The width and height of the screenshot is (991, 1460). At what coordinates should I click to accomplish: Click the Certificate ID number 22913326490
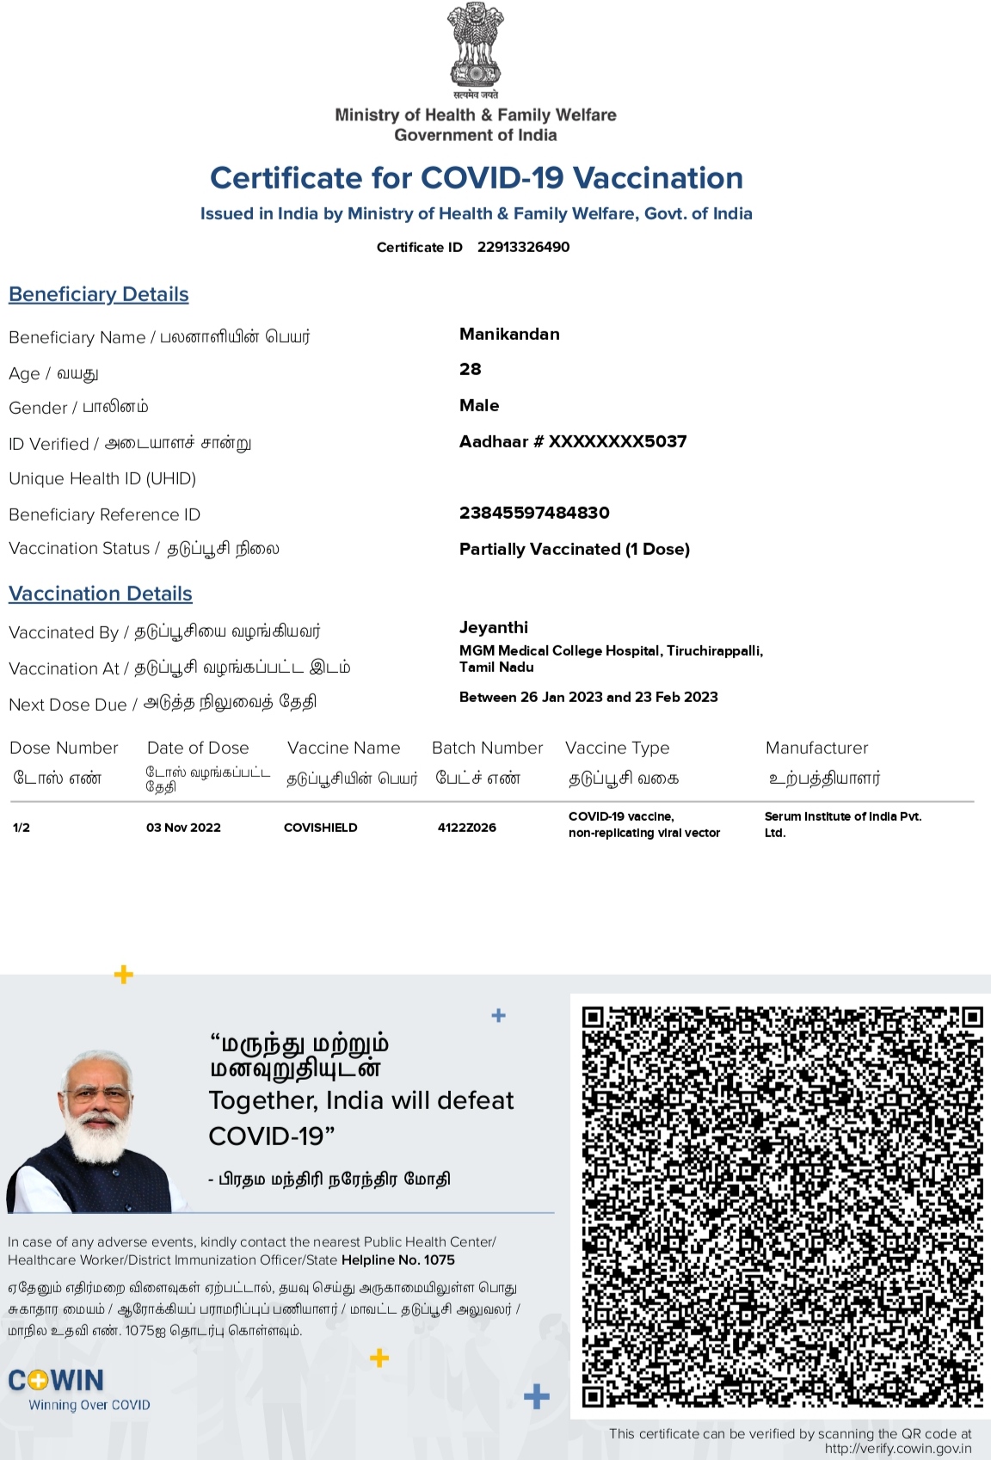click(x=523, y=247)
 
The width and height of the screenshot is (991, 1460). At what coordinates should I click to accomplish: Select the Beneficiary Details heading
click(x=99, y=294)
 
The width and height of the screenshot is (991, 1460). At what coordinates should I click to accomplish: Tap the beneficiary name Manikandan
click(x=509, y=334)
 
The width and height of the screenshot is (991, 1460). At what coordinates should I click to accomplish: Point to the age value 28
click(x=471, y=369)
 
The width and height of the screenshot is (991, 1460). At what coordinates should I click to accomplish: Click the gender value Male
click(x=479, y=405)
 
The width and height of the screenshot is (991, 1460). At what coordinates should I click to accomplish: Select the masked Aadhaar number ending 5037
click(x=573, y=441)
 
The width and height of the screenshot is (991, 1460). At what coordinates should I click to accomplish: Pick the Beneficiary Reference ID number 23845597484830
click(x=534, y=513)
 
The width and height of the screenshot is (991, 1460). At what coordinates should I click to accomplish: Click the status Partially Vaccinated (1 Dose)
click(x=575, y=549)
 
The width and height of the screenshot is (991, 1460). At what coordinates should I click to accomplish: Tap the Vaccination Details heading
click(x=101, y=594)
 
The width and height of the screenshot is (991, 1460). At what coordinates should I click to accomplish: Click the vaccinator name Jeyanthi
click(x=494, y=627)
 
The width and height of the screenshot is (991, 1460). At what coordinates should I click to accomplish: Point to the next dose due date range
click(x=588, y=697)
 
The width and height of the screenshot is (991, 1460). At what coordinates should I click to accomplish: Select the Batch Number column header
click(x=487, y=748)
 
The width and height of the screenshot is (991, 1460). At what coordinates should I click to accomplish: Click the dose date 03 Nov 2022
click(x=183, y=828)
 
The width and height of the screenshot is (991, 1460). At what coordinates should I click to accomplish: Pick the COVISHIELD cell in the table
click(x=320, y=828)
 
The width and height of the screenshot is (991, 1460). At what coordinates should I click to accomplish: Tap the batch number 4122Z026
click(x=466, y=828)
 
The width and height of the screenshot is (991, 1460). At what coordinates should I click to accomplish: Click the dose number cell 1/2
click(x=22, y=828)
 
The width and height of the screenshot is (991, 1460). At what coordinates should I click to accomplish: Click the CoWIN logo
click(x=57, y=1381)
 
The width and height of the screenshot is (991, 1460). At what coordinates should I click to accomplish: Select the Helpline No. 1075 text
click(x=397, y=1260)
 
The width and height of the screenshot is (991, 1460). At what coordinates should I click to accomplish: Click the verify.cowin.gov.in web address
click(x=898, y=1449)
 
